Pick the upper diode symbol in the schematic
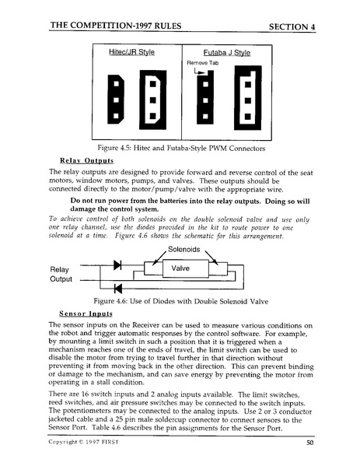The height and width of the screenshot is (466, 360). coord(117,265)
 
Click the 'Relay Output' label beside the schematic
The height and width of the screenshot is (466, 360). coord(61,274)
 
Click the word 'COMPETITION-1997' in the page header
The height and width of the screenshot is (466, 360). coord(114,26)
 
